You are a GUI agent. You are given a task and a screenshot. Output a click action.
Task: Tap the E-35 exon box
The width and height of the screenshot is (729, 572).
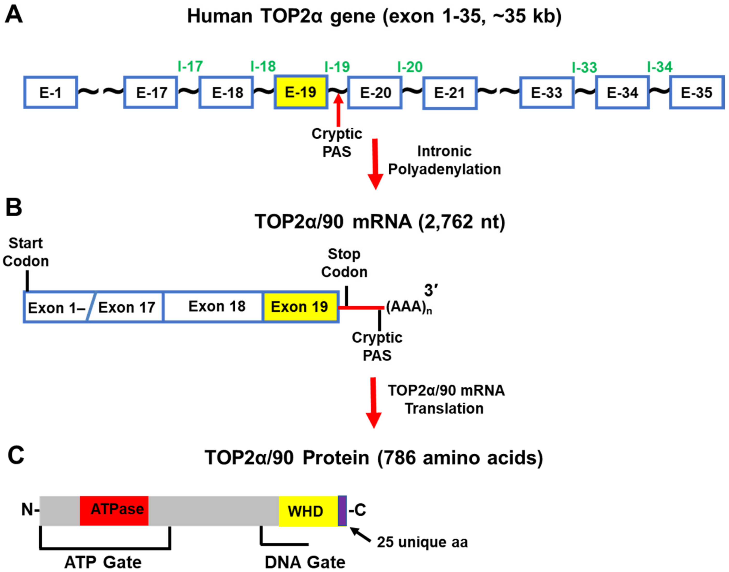click(x=696, y=92)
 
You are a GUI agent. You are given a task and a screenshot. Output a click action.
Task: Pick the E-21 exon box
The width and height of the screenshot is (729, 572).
click(x=449, y=93)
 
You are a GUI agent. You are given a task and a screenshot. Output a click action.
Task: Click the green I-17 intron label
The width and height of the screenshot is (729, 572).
click(x=190, y=66)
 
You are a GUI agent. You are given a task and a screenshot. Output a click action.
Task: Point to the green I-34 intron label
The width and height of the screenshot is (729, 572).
click(x=660, y=67)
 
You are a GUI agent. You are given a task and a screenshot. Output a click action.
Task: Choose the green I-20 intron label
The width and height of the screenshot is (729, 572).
click(x=410, y=67)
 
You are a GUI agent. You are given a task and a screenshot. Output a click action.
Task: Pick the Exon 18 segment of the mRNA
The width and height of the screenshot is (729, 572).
click(x=217, y=306)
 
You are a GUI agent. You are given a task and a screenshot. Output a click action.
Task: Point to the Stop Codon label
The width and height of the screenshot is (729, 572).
click(x=344, y=263)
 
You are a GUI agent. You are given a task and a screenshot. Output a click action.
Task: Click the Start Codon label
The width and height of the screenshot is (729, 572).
click(x=26, y=252)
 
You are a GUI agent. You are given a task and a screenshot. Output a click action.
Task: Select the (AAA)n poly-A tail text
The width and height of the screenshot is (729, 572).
click(x=408, y=307)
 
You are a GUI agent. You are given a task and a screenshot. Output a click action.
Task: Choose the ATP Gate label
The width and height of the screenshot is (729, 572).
click(x=103, y=562)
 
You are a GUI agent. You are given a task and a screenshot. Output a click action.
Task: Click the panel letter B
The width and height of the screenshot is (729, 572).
click(x=14, y=207)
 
